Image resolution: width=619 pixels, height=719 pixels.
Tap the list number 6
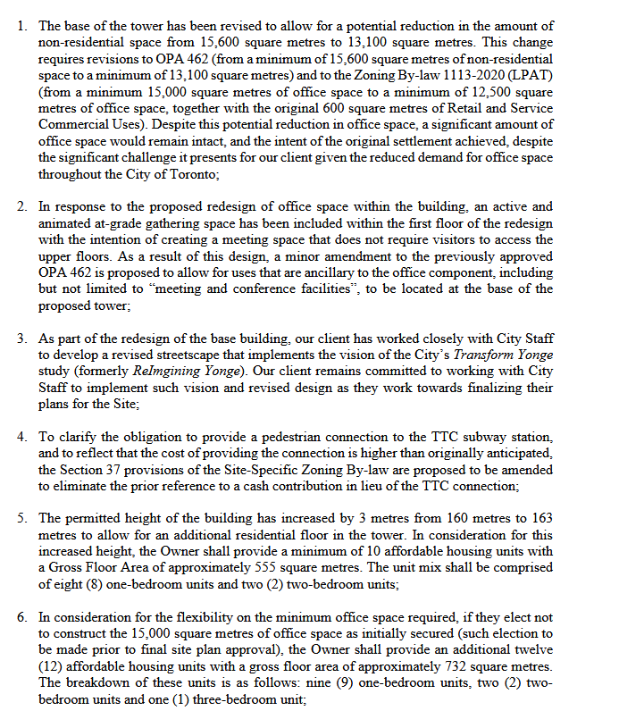click(21, 617)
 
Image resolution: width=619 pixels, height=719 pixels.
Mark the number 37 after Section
click(124, 470)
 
